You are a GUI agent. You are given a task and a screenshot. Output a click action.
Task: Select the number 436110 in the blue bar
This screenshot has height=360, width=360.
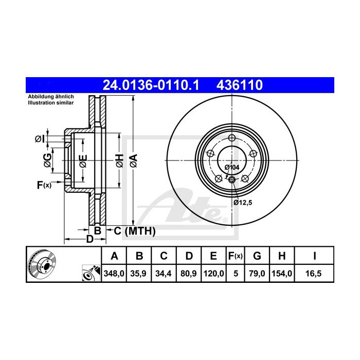coord(242,84)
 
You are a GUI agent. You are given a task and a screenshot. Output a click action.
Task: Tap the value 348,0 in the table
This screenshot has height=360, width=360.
coord(115,275)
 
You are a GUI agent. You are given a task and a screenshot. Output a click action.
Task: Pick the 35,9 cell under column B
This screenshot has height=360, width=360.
coord(139,275)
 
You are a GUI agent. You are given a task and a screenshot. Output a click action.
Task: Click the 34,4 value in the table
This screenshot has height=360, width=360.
coord(163,275)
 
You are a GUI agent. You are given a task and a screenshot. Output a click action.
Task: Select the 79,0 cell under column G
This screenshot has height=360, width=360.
coord(258,275)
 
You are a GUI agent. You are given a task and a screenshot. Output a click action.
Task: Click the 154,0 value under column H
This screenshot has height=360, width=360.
coord(283,275)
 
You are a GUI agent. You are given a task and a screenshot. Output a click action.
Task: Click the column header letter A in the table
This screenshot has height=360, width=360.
coord(115,256)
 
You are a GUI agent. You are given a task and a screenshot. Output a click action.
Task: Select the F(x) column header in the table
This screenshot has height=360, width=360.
coord(235,256)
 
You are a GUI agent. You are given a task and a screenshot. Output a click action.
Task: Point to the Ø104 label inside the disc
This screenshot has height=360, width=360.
coord(232,167)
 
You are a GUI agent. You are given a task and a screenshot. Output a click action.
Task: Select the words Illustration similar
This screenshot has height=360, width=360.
coord(51,103)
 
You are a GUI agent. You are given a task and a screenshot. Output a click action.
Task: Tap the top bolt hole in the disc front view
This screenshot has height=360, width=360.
coord(232,138)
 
